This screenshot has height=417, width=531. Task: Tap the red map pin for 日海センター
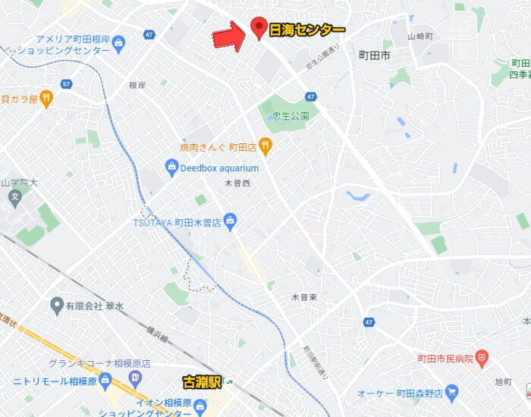pyautogui.click(x=259, y=28)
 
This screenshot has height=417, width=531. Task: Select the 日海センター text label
pyautogui.click(x=307, y=30)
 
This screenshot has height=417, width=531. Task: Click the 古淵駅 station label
pyautogui.click(x=201, y=382)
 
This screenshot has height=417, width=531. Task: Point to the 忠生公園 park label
pyautogui.click(x=291, y=116)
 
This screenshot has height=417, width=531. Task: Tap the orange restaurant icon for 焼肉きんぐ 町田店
pyautogui.click(x=265, y=145)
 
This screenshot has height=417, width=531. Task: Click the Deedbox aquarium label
pyautogui.click(x=219, y=168)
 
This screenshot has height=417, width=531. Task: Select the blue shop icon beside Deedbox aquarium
pyautogui.click(x=171, y=168)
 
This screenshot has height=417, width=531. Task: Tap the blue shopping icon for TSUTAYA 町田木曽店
pyautogui.click(x=231, y=222)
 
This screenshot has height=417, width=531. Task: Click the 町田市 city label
pyautogui.click(x=374, y=55)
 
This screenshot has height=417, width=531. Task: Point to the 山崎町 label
pyautogui.click(x=419, y=36)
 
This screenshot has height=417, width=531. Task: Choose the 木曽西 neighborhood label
pyautogui.click(x=237, y=183)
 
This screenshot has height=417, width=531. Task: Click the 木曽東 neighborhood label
pyautogui.click(x=303, y=297)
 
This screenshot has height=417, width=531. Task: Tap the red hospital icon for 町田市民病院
pyautogui.click(x=482, y=357)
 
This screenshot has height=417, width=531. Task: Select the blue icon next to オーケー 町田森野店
pyautogui.click(x=452, y=392)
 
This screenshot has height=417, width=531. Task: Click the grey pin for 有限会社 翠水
pyautogui.click(x=56, y=306)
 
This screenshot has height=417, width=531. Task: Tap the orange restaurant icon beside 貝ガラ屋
pyautogui.click(x=46, y=98)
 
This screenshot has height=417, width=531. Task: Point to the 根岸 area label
pyautogui.click(x=137, y=85)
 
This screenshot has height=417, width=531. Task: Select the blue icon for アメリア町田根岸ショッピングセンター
pyautogui.click(x=118, y=43)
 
